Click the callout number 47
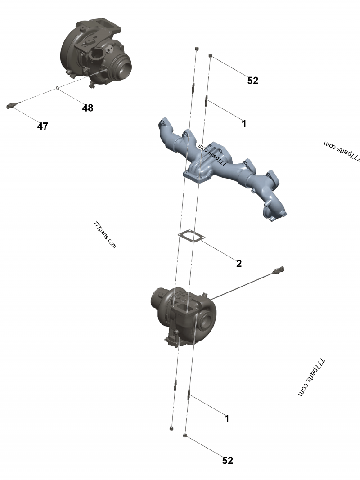[x=43, y=126]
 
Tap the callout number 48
[x=88, y=108]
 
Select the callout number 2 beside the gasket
[x=239, y=263]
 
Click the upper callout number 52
[x=253, y=80]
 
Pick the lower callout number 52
[x=228, y=460]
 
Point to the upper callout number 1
[x=244, y=123]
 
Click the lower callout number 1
[x=227, y=418]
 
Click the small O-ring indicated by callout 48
[x=57, y=89]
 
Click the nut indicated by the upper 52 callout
[x=211, y=55]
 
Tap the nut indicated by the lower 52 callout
[x=185, y=435]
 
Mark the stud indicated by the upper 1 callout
[x=207, y=101]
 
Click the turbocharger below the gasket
[x=184, y=317]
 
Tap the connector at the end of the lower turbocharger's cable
[x=279, y=270]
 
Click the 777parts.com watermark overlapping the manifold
[x=212, y=155]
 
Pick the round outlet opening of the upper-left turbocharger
[x=124, y=68]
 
